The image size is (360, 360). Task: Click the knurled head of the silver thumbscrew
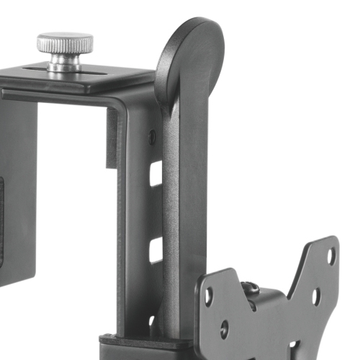[x=65, y=42]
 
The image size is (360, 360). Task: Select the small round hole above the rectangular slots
[x=151, y=135]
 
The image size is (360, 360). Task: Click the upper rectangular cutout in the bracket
[x=156, y=174]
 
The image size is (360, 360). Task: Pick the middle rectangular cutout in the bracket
[x=156, y=249]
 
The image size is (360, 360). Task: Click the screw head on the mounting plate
[x=251, y=288]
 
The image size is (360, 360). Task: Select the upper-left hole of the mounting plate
[x=209, y=294]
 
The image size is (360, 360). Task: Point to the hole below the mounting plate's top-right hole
[x=316, y=294]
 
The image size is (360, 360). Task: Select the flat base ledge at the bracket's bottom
[x=130, y=344]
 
